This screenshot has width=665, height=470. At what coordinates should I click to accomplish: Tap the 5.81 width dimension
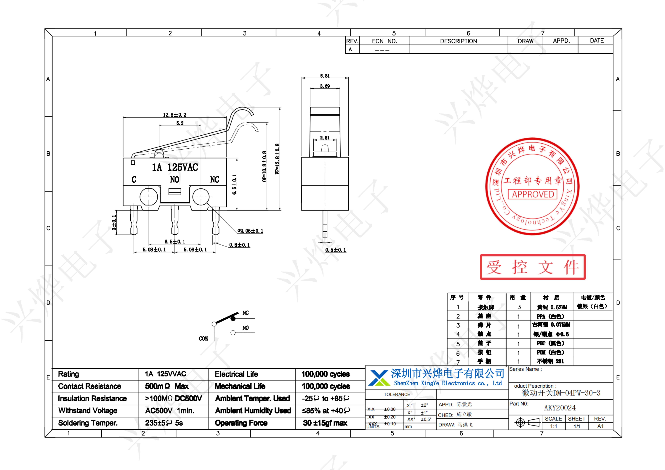coord(325,76)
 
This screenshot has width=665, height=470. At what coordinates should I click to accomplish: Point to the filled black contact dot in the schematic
coord(233,319)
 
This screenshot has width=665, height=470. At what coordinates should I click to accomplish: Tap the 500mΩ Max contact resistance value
coord(167,386)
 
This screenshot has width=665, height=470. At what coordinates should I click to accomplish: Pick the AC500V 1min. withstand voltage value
coord(169,411)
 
